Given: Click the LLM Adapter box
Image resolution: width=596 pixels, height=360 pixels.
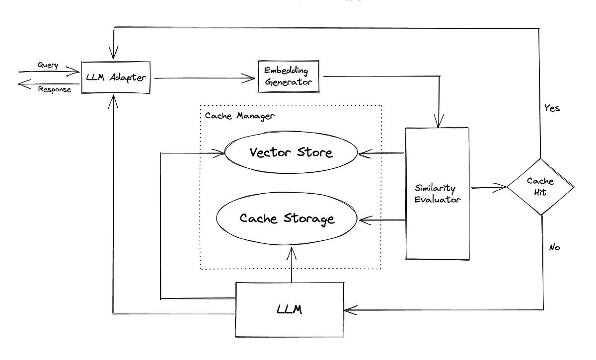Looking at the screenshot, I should click(116, 78).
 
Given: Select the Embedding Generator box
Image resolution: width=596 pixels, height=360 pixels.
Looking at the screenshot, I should click(288, 76).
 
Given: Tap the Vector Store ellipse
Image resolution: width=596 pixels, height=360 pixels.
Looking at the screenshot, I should click(291, 152).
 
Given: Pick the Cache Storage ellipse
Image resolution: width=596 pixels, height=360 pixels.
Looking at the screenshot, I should click(287, 218).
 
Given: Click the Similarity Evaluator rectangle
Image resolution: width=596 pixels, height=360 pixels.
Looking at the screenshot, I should click(437, 194).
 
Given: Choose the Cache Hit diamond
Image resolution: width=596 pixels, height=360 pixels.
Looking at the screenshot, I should click(540, 187).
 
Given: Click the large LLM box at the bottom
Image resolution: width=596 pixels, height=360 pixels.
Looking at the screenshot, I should click(289, 310).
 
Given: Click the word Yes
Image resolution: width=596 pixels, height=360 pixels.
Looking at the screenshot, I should click(552, 108).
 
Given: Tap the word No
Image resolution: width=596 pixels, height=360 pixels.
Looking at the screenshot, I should click(554, 247).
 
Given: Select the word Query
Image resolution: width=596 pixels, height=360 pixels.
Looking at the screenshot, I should click(48, 66).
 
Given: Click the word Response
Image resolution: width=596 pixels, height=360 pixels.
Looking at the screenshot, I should click(54, 90).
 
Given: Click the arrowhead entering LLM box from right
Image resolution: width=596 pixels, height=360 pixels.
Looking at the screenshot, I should click(349, 310).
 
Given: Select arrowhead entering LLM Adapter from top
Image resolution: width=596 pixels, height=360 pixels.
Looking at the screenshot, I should click(115, 54).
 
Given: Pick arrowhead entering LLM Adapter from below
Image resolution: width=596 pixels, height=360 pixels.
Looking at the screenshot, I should click(114, 101).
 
